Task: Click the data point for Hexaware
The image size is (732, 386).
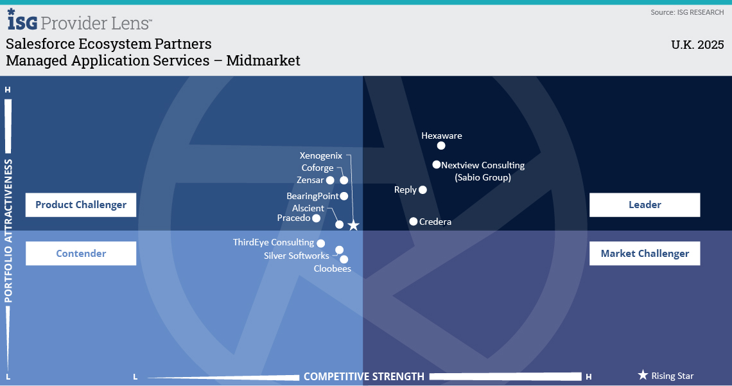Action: pyautogui.click(x=441, y=146)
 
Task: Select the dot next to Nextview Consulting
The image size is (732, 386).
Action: pyautogui.click(x=437, y=165)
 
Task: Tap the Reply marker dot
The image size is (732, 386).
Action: pyautogui.click(x=423, y=189)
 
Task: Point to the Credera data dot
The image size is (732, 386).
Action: pyautogui.click(x=414, y=221)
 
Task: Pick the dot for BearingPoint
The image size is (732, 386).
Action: pyautogui.click(x=344, y=196)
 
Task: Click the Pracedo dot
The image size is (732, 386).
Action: pyautogui.click(x=317, y=218)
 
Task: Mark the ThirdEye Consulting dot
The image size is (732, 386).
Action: pyautogui.click(x=320, y=243)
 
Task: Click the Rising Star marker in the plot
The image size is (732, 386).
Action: pyautogui.click(x=353, y=225)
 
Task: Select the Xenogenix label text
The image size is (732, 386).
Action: pyautogui.click(x=320, y=155)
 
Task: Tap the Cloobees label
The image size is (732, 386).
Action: pyautogui.click(x=333, y=268)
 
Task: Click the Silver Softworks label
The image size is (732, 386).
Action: pyautogui.click(x=297, y=256)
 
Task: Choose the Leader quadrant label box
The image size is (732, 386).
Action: pyautogui.click(x=645, y=205)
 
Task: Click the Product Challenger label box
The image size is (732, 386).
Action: pyautogui.click(x=81, y=205)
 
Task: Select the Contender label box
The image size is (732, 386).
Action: pyautogui.click(x=81, y=254)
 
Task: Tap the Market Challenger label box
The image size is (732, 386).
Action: pyautogui.click(x=645, y=254)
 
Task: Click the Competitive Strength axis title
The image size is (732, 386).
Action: pyautogui.click(x=364, y=376)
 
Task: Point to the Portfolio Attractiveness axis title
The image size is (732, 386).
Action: pyautogui.click(x=8, y=231)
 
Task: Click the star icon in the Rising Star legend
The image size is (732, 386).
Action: pyautogui.click(x=643, y=375)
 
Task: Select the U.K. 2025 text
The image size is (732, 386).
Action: pyautogui.click(x=697, y=45)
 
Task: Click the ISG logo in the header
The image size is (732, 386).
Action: pyautogui.click(x=22, y=20)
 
